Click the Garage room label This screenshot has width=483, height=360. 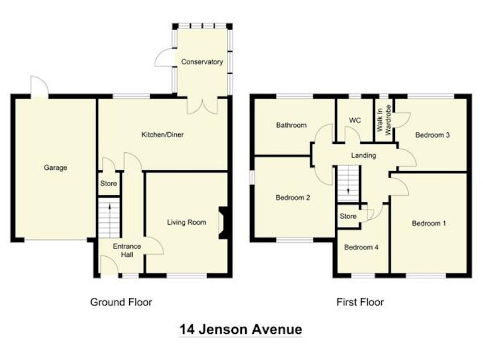click(56, 168)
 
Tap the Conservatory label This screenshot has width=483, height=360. click(202, 62)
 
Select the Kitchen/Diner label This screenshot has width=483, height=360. click(162, 135)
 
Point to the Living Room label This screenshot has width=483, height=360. click(187, 222)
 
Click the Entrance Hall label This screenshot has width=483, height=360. click(127, 250)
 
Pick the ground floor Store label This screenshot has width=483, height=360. click(109, 184)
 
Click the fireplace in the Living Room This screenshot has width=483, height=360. click(223, 222)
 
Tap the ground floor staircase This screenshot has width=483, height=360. click(109, 218)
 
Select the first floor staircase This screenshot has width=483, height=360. click(348, 184)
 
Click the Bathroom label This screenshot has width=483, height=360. click(291, 125)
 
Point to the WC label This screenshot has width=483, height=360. click(355, 120)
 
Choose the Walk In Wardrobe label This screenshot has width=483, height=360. click(383, 120)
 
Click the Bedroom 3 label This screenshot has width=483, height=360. click(432, 135)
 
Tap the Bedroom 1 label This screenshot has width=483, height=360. click(429, 223)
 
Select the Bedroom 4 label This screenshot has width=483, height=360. click(361, 247)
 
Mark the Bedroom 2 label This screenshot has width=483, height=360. click(293, 198)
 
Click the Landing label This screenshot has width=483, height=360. click(363, 155)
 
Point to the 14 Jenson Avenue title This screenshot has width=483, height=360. click(240, 329)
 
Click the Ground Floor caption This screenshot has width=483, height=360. click(121, 302)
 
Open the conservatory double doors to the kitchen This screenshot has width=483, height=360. click(202, 106)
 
